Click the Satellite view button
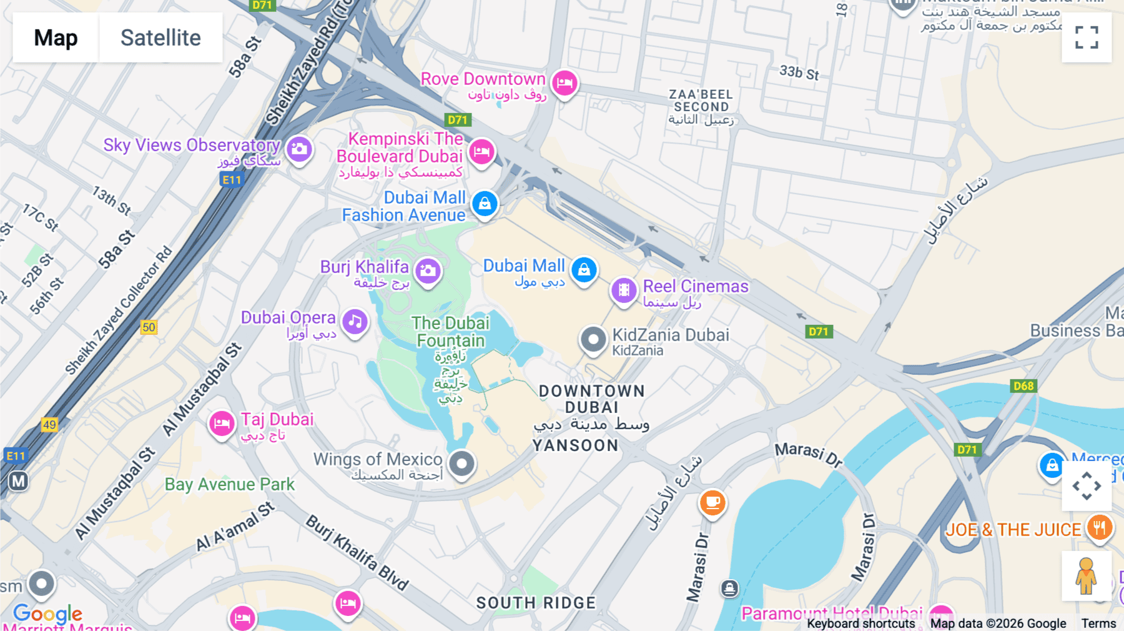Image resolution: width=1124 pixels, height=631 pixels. tap(160, 37)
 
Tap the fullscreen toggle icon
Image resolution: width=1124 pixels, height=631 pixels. tap(1087, 37)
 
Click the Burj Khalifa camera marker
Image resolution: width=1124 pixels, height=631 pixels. tap(428, 271)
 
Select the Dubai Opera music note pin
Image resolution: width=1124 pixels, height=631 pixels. tap(355, 322)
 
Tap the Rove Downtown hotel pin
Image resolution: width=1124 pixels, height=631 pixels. tap(564, 82)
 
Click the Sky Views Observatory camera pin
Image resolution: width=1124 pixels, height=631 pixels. tap(299, 149)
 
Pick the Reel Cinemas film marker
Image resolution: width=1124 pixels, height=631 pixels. tap(623, 290)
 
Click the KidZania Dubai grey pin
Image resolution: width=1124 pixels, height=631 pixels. tap(593, 340)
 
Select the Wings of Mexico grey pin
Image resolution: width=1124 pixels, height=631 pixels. tap(462, 464)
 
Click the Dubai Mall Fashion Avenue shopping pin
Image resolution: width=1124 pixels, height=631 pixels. tap(485, 203)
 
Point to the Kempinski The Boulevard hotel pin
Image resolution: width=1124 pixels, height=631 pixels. tap(481, 151)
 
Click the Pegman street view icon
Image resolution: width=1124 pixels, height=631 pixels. tap(1086, 575)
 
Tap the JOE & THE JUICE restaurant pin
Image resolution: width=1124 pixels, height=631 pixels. tap(1099, 528)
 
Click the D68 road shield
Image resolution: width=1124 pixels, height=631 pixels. tap(1023, 386)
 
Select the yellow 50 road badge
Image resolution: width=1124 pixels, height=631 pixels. tap(149, 327)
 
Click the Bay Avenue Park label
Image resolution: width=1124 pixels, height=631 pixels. tap(229, 485)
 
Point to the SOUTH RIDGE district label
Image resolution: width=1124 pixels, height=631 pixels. tap(536, 603)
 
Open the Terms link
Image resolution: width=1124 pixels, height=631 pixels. tap(1098, 624)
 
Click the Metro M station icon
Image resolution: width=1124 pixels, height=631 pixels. tap(18, 481)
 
